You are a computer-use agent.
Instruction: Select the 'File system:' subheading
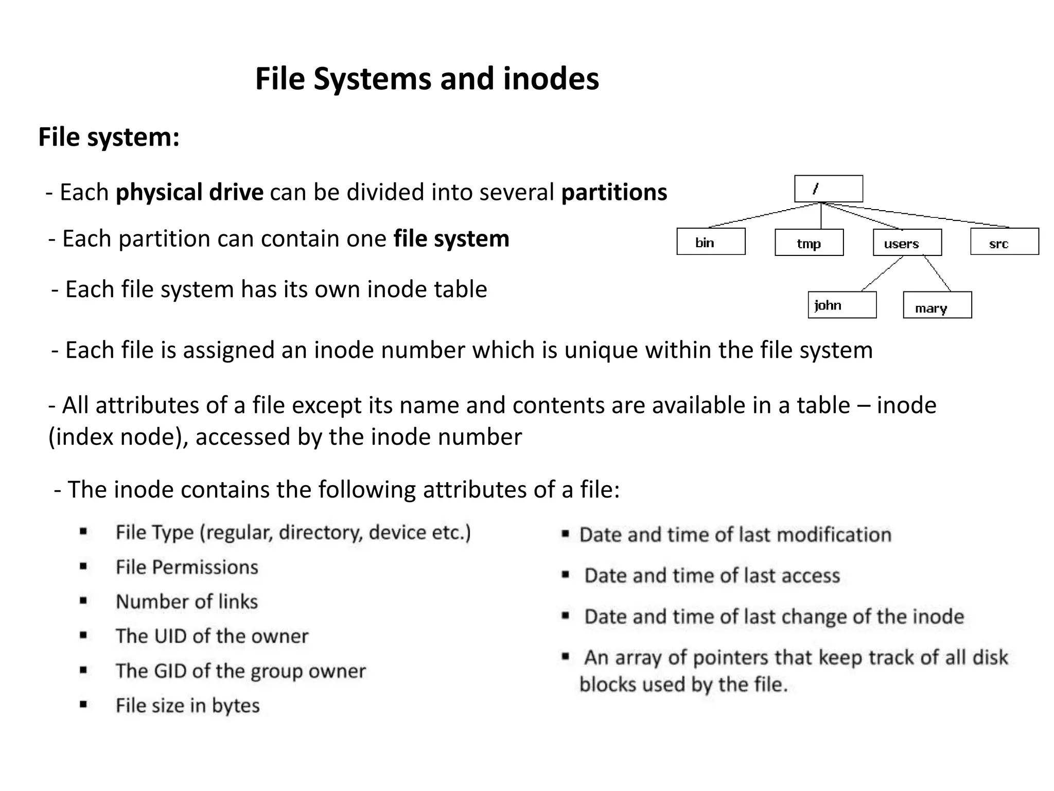click(x=109, y=137)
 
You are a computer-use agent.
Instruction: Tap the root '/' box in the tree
click(x=828, y=189)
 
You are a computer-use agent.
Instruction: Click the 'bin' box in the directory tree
click(x=710, y=242)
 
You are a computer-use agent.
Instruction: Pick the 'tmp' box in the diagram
click(x=809, y=243)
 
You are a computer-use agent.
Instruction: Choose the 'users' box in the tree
click(x=907, y=243)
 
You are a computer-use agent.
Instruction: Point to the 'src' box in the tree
click(x=1004, y=242)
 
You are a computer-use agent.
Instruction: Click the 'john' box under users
click(x=841, y=305)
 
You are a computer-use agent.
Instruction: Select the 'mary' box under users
click(x=937, y=305)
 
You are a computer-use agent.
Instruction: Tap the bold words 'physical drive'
click(x=189, y=193)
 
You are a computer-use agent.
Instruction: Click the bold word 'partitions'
click(x=614, y=193)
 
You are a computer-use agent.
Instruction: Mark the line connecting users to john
click(x=882, y=273)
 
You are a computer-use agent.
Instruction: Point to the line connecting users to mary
click(x=937, y=273)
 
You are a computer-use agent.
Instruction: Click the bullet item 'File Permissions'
click(x=187, y=568)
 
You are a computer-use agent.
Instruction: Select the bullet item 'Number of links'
click(x=187, y=602)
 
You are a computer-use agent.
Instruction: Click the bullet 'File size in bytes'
click(x=187, y=706)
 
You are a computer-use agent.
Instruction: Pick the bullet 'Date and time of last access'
click(x=712, y=576)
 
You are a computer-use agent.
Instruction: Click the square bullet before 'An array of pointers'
click(x=566, y=657)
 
